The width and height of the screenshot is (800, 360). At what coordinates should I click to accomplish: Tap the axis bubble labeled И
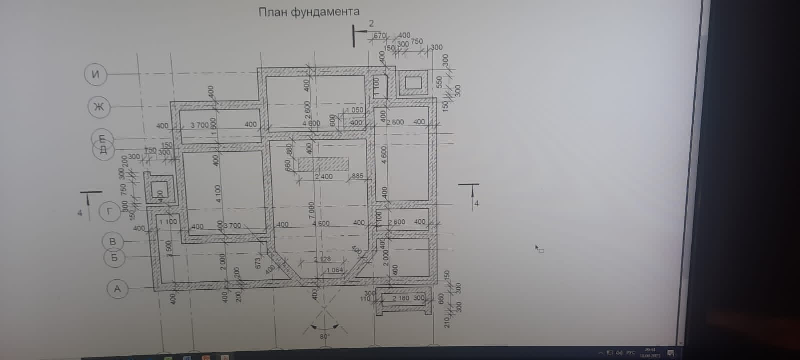point(96,74)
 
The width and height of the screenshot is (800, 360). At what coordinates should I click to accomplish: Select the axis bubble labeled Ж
point(99,107)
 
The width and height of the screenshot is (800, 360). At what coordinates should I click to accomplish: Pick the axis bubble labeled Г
point(110,211)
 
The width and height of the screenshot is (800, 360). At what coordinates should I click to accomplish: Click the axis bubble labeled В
point(113,241)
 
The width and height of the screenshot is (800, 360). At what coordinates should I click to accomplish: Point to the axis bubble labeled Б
point(115,258)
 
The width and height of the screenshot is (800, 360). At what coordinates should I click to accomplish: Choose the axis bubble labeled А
point(118,289)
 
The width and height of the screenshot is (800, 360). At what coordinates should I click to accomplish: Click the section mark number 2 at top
point(371,23)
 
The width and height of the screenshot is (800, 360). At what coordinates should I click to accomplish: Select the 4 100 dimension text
point(218,194)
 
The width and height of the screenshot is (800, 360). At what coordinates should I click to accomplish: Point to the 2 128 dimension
point(322,259)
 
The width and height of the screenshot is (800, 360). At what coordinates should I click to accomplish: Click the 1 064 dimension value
point(334,270)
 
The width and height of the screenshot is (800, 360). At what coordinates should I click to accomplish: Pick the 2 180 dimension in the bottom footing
point(401,298)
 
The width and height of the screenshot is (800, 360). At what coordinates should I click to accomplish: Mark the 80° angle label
point(325,336)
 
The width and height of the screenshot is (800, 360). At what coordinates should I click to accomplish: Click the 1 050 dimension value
point(354,110)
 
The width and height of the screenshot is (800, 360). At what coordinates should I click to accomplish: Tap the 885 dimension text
point(357,176)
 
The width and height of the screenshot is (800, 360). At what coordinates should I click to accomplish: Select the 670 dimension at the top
point(380,36)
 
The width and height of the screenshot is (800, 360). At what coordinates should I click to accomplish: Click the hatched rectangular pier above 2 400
point(323,164)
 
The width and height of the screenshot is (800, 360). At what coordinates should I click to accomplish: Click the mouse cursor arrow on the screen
point(538,248)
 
